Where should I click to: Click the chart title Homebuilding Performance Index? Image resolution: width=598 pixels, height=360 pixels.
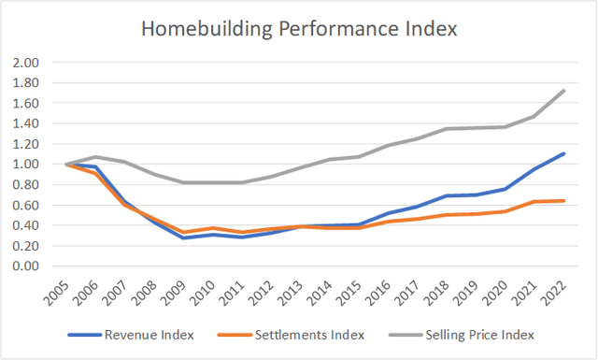(299, 29)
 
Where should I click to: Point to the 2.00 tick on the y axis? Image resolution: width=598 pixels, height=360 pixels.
(25, 63)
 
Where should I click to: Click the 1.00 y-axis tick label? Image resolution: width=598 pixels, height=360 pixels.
(25, 165)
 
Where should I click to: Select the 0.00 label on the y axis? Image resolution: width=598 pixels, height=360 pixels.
(25, 266)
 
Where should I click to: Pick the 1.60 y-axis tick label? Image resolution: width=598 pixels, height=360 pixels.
(25, 104)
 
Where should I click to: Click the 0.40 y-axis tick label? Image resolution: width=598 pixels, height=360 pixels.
(25, 225)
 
